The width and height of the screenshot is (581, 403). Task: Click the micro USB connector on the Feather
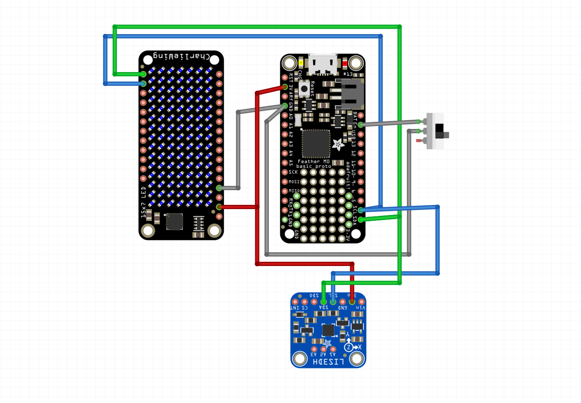tap(323, 64)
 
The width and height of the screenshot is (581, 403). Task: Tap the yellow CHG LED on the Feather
tap(301, 63)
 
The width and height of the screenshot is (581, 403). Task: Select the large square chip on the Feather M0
tap(316, 143)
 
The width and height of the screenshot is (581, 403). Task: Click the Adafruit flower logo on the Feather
tap(338, 145)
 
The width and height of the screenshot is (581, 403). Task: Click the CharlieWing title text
tap(181, 56)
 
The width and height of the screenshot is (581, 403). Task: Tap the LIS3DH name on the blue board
tap(328, 362)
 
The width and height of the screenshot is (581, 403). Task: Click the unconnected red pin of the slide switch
tap(419, 141)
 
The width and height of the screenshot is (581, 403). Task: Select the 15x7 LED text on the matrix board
tap(143, 202)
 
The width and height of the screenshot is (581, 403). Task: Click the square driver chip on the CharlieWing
tap(174, 222)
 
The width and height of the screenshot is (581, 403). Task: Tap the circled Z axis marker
tap(349, 347)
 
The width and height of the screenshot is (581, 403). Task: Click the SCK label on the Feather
tap(293, 172)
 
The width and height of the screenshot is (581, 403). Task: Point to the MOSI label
tap(294, 181)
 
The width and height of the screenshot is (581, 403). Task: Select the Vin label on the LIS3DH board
tap(360, 308)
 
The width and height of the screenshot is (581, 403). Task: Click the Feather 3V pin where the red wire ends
tap(285, 87)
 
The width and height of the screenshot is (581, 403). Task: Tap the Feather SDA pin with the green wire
tap(361, 220)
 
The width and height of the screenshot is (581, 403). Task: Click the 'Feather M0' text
tap(313, 161)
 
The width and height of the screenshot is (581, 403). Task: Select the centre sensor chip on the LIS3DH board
tap(328, 330)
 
